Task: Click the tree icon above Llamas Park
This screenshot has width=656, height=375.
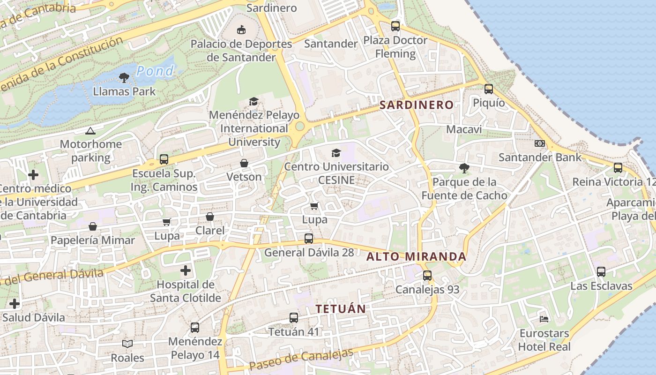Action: [x=124, y=77]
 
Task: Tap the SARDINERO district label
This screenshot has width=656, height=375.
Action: [x=417, y=105]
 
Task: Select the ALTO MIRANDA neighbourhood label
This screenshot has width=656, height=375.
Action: [x=416, y=256]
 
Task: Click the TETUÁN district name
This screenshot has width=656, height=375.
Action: [x=341, y=309]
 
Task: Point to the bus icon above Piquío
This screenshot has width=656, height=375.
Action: [x=489, y=89]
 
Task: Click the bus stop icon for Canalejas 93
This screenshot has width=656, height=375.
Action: [x=427, y=276]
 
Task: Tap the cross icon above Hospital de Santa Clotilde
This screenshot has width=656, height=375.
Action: [x=186, y=270]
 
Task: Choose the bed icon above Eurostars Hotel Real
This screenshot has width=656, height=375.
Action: [x=544, y=319]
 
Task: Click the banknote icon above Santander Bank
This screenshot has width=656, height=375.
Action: [x=540, y=143]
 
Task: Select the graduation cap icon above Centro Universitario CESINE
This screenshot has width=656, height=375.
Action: [x=336, y=153]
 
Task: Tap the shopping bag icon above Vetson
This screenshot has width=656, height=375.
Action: [x=244, y=163]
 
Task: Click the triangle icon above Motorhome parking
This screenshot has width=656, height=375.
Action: [x=90, y=131]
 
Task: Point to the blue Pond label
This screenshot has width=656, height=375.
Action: [x=155, y=71]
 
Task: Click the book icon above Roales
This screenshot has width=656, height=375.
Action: [x=127, y=344]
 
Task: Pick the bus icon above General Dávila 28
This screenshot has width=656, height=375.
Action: [x=309, y=238]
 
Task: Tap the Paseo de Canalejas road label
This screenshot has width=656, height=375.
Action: [x=301, y=359]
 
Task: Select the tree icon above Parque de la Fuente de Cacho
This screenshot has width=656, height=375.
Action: [x=464, y=168]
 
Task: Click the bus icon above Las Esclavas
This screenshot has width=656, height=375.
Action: [x=601, y=271]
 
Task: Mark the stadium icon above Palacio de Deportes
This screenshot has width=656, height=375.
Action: [x=241, y=30]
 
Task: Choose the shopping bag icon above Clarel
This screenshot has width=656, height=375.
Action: [x=210, y=217]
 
